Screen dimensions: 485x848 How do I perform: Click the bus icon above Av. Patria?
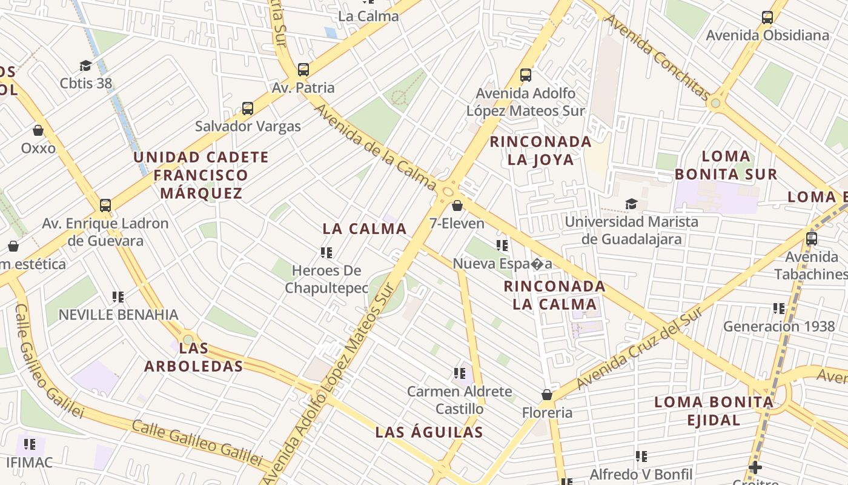[x=303, y=70]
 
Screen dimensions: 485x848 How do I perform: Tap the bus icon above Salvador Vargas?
[x=248, y=109]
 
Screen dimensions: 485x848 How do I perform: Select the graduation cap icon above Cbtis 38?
[x=85, y=65]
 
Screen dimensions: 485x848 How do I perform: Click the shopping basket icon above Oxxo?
[x=38, y=130]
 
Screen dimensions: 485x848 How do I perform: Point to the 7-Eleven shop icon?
[x=457, y=206]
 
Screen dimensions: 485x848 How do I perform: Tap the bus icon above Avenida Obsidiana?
[x=767, y=18]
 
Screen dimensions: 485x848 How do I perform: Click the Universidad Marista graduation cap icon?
[x=632, y=204]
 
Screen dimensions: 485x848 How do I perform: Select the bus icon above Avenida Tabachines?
[x=812, y=239]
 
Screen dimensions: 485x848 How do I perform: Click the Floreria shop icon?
[x=547, y=395]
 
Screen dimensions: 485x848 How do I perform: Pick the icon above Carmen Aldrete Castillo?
[x=460, y=373]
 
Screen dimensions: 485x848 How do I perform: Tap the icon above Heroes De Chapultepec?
[x=326, y=252]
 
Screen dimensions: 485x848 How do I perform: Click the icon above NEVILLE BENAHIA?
[x=118, y=297]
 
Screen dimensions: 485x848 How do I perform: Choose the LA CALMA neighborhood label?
[x=365, y=229]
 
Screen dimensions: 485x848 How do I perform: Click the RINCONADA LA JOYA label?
[x=540, y=150]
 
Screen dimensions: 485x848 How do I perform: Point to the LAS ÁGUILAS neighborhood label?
[x=429, y=432]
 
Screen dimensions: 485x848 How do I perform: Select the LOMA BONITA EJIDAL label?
[x=714, y=410]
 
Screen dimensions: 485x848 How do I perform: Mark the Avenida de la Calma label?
[x=376, y=147]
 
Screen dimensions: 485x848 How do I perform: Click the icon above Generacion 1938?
[x=779, y=309]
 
